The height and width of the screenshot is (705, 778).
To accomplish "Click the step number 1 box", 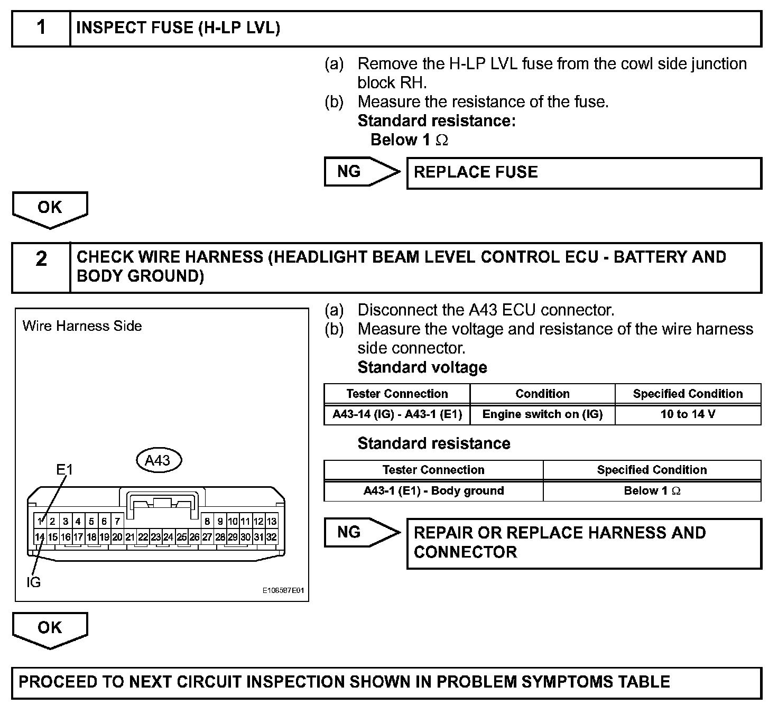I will (41, 27).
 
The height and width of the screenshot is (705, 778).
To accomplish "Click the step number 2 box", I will (41, 267).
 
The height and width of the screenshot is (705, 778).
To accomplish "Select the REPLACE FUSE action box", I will (583, 173).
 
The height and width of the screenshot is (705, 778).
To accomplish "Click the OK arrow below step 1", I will (50, 209).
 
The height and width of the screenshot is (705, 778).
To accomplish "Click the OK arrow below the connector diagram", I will (50, 629).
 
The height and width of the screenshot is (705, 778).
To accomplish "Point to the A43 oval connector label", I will (158, 460).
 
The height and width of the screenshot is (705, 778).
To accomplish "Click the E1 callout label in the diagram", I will (64, 469).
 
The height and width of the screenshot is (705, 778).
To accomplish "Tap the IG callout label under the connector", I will (33, 582).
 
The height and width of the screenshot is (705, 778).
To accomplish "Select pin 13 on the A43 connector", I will (271, 522).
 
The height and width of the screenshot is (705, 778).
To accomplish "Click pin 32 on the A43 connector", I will (271, 537).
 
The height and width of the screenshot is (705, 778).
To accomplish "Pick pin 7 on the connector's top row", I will (117, 522).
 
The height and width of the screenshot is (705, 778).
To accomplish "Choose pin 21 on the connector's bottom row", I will (130, 537).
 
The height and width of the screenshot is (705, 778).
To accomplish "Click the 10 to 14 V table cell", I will (688, 414).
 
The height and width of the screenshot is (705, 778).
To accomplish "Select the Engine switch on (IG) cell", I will (542, 414).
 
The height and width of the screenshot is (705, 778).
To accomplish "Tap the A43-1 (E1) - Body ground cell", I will (433, 490).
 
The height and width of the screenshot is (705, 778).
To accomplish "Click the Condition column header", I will (542, 394).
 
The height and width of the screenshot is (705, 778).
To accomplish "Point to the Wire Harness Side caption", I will (82, 326).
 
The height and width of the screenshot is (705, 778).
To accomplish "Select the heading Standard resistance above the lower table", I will (433, 443).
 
